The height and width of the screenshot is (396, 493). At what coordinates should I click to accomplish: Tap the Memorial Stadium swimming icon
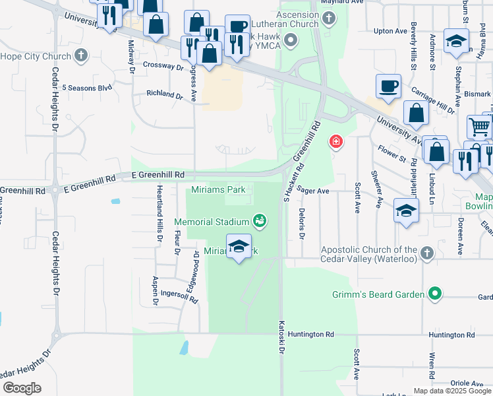point(260,220)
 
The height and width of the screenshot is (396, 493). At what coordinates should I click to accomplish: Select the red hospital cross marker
point(336,142)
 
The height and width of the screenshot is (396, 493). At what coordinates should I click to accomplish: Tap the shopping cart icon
point(479,126)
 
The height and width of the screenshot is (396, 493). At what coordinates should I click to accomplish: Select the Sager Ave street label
point(313,189)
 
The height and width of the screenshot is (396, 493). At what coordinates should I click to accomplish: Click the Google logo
point(22,388)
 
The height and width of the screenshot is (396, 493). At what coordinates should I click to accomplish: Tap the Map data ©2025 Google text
point(451,390)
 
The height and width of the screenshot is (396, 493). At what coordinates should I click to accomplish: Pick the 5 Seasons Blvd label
point(86,87)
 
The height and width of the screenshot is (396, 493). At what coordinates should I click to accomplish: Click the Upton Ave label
point(390,31)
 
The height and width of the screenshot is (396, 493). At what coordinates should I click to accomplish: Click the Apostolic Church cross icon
point(427,253)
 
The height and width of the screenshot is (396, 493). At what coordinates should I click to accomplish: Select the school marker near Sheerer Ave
point(406,211)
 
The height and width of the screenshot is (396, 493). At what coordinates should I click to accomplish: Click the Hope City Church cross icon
point(81,55)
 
